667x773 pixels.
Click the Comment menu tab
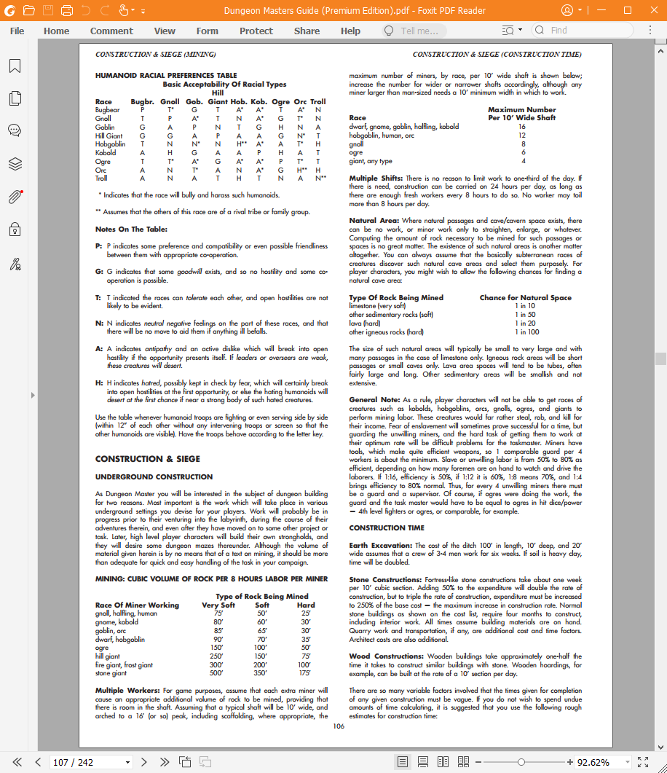pyautogui.click(x=111, y=31)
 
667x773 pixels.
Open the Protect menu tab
pyautogui.click(x=256, y=31)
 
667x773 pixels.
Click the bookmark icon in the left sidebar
pyautogui.click(x=15, y=66)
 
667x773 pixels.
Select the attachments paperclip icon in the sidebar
pyautogui.click(x=15, y=197)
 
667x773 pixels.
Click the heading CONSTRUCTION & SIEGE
pyautogui.click(x=147, y=459)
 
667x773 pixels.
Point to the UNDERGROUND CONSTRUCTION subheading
pyautogui.click(x=154, y=477)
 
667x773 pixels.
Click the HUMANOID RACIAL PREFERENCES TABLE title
pyautogui.click(x=166, y=76)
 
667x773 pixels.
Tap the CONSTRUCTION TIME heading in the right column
pyautogui.click(x=387, y=528)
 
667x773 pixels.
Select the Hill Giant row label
pyautogui.click(x=109, y=136)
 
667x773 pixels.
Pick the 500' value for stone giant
pyautogui.click(x=216, y=673)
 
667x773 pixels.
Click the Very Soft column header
pyautogui.click(x=219, y=605)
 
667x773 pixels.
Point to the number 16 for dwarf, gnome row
pyautogui.click(x=521, y=126)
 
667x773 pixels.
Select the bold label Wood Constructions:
pyautogui.click(x=386, y=656)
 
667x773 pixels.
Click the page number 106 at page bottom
pyautogui.click(x=339, y=726)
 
